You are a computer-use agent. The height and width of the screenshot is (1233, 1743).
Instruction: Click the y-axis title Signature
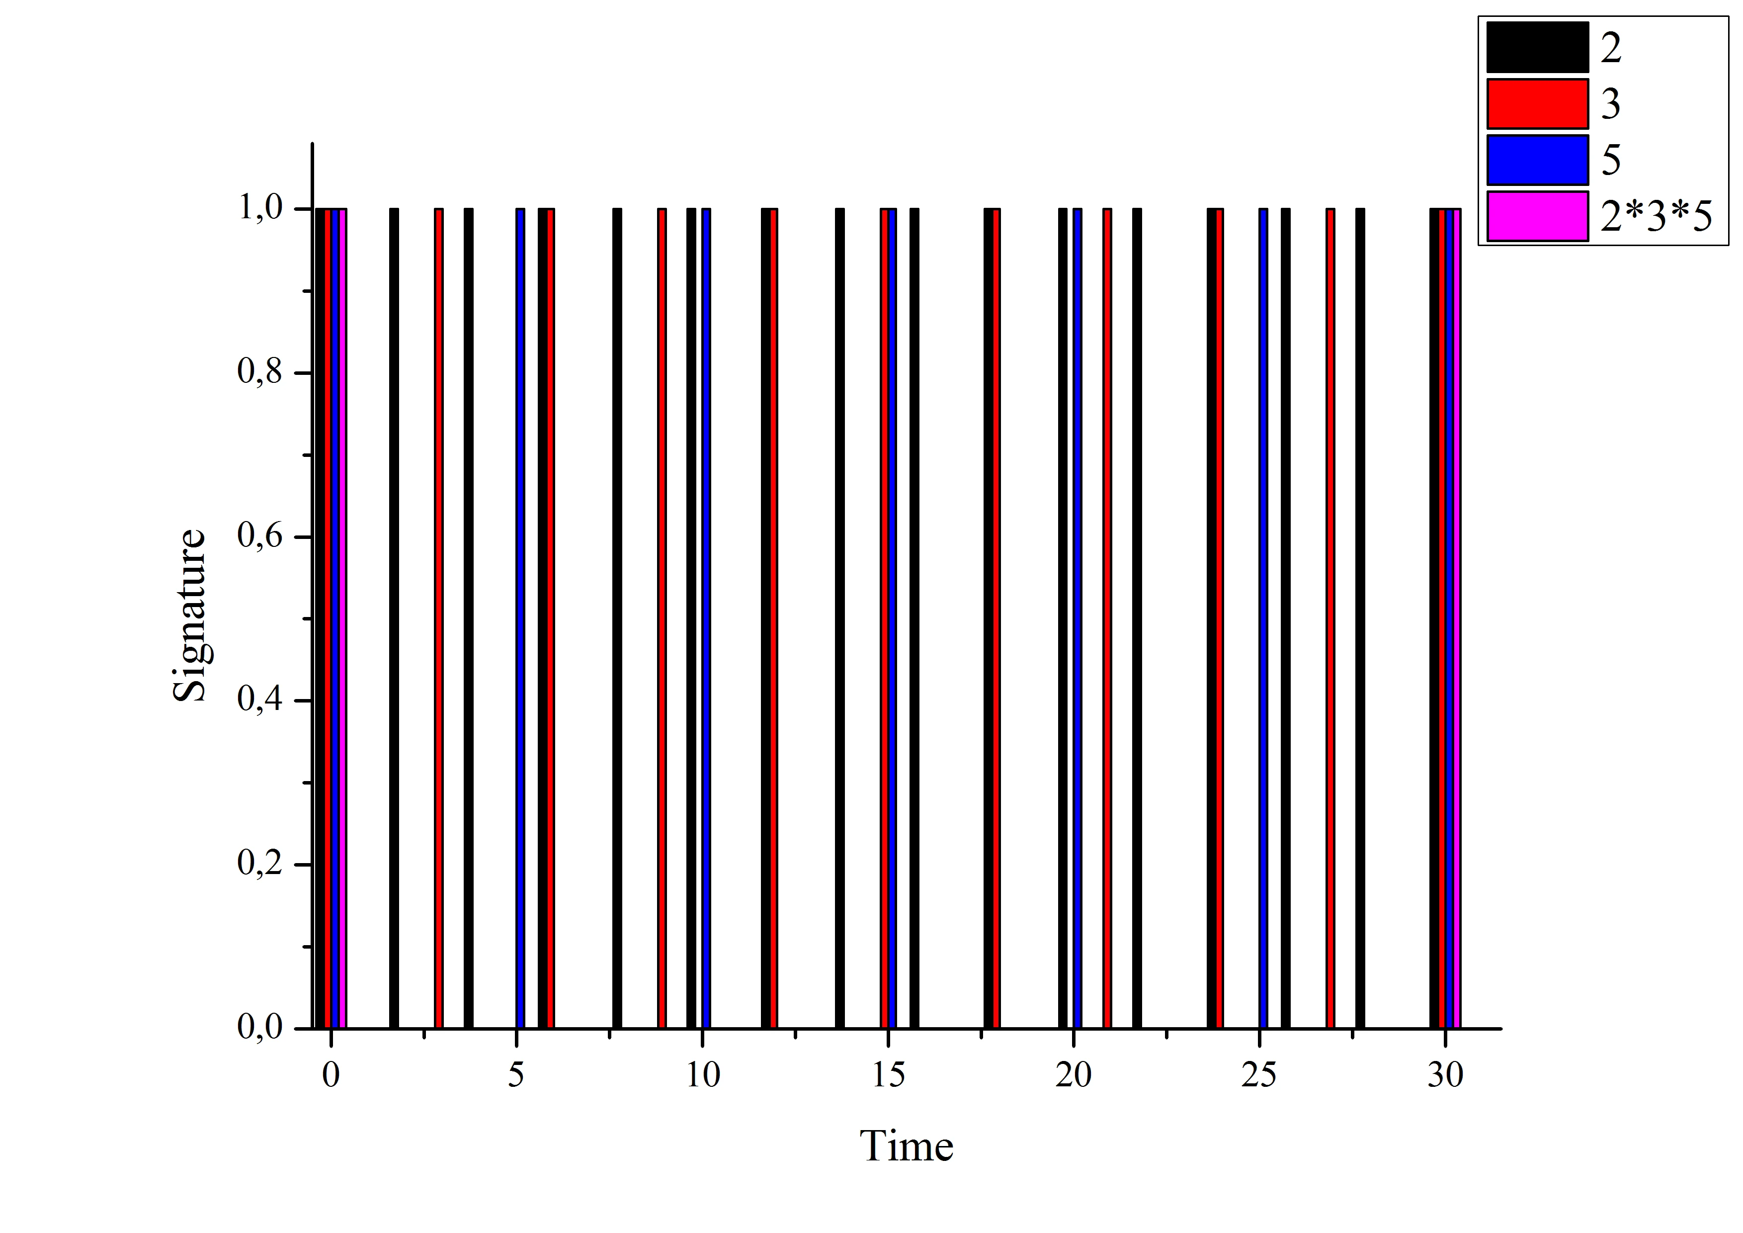tap(189, 615)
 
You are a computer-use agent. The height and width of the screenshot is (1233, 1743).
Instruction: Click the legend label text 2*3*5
tap(1657, 217)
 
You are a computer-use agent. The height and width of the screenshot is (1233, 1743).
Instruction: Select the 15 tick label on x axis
tap(888, 1075)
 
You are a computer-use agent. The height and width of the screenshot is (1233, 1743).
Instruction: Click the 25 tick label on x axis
tap(1258, 1075)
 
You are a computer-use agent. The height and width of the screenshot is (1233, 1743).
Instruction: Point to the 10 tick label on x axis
tap(702, 1075)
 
